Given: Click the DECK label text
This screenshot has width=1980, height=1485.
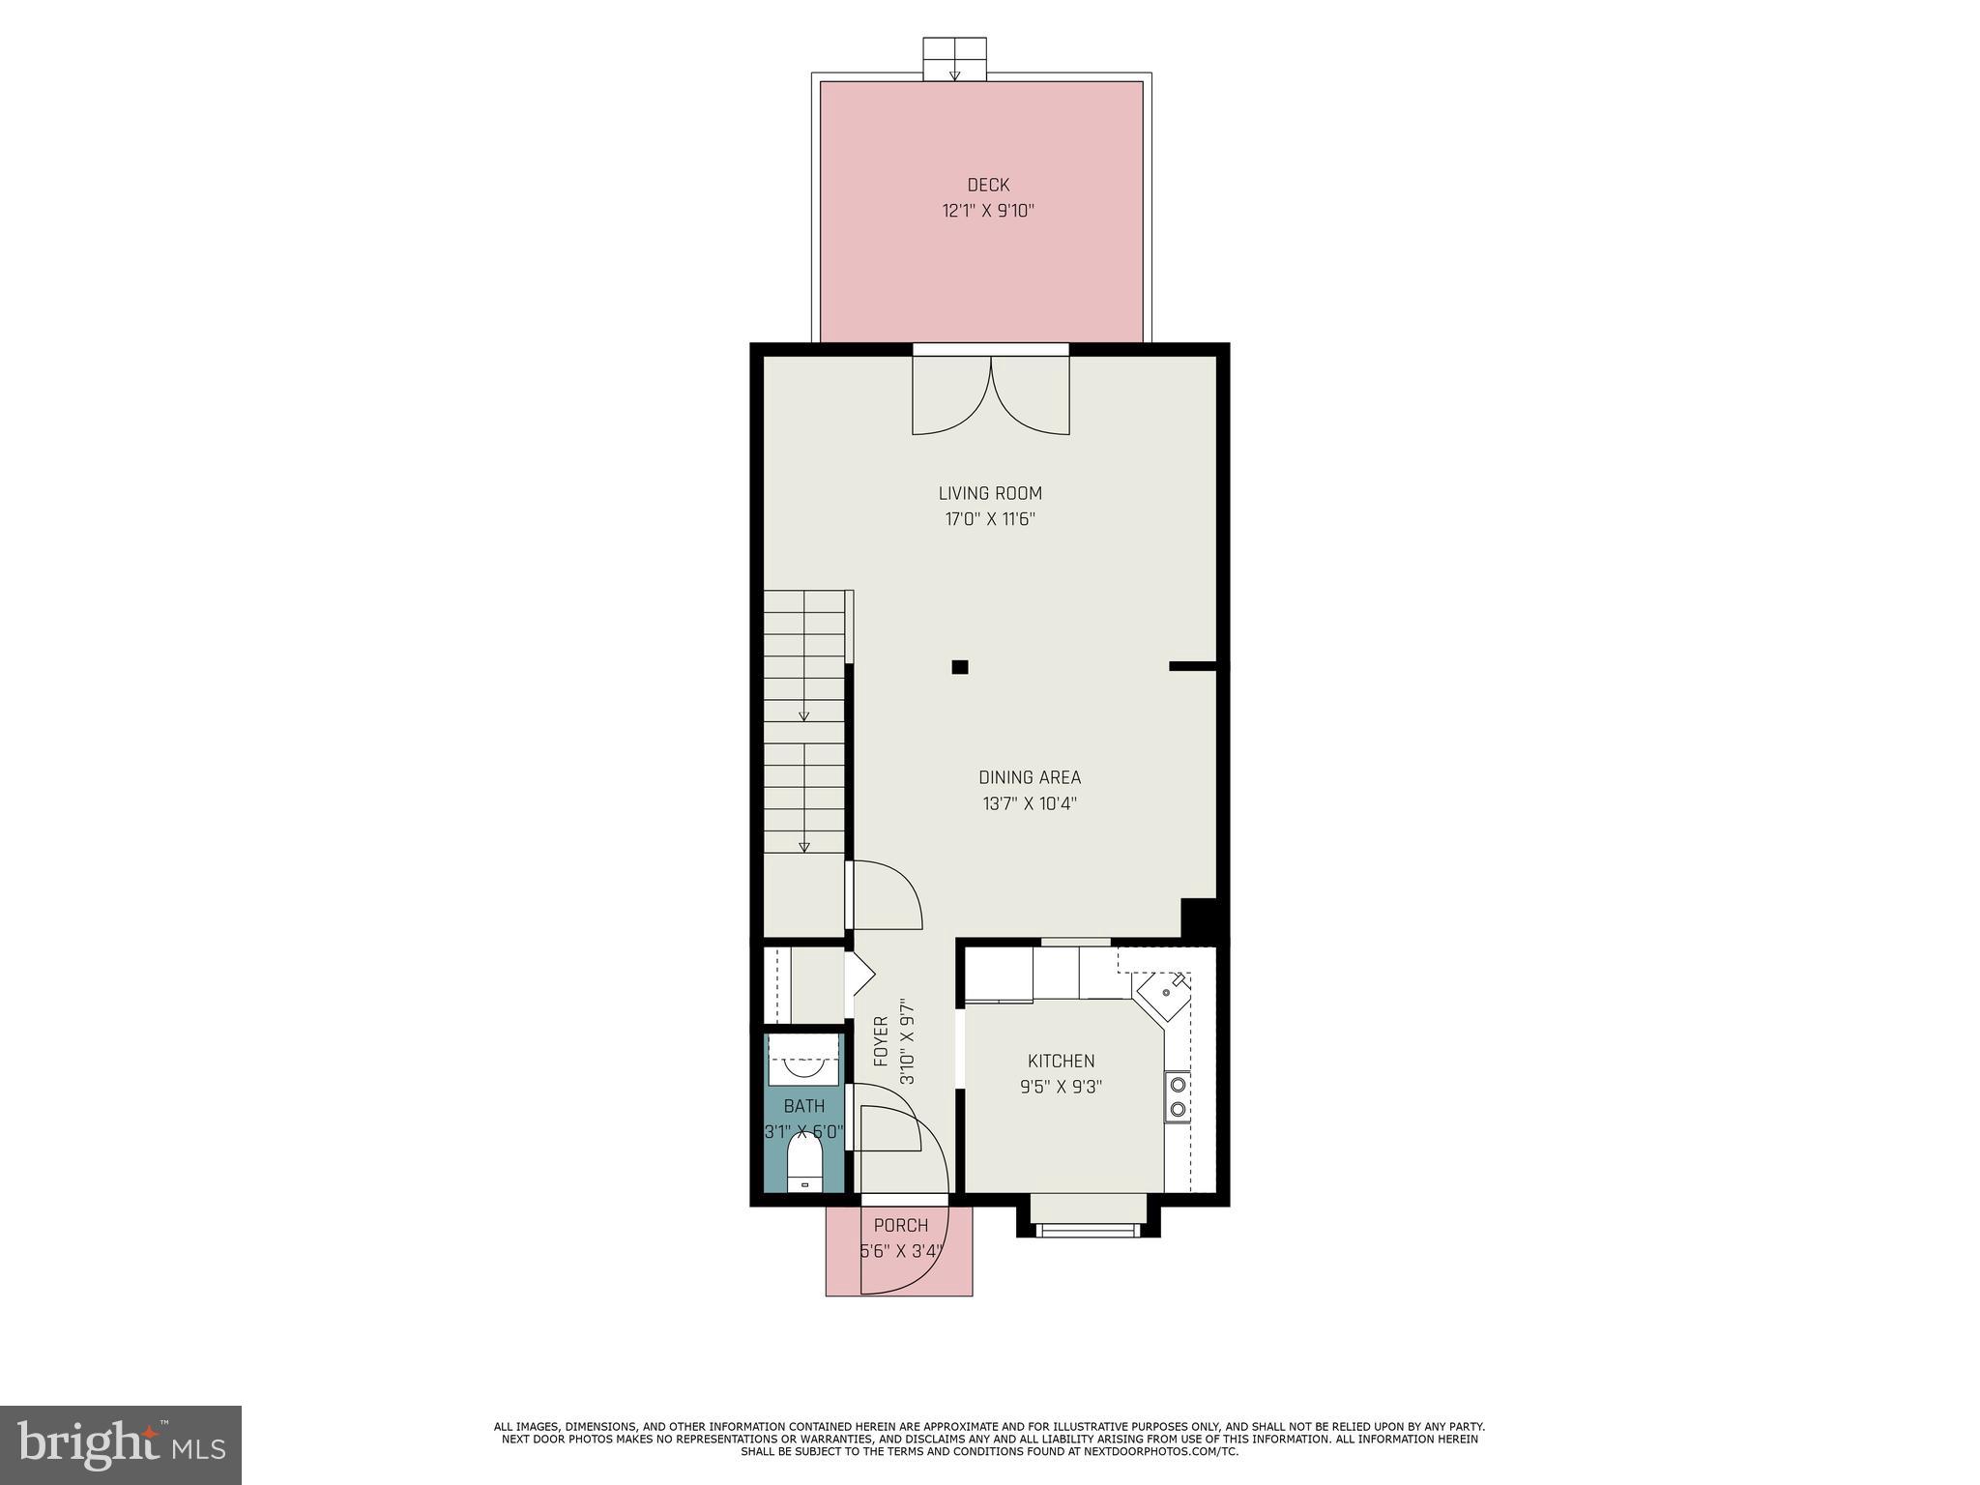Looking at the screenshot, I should click(x=988, y=185).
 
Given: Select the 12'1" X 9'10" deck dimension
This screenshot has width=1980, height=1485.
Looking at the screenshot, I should click(x=988, y=211).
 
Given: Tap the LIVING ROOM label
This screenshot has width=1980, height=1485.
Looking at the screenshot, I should click(x=990, y=493).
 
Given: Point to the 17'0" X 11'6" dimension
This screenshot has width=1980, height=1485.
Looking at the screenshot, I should click(x=990, y=519).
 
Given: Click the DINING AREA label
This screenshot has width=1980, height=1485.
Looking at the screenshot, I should click(x=1030, y=777).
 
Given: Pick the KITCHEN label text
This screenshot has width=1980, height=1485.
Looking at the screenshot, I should click(x=1061, y=1061).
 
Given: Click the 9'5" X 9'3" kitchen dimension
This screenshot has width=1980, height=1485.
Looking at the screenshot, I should click(x=1061, y=1087).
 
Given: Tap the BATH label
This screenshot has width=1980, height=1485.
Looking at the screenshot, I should click(x=804, y=1106).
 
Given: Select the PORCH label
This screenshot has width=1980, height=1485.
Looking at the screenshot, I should click(x=901, y=1226).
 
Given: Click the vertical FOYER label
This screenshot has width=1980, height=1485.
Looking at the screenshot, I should click(x=881, y=1041).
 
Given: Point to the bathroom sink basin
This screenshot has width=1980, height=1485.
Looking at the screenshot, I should click(x=802, y=1067).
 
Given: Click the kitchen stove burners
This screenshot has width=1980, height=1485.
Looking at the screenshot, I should click(x=1177, y=1096).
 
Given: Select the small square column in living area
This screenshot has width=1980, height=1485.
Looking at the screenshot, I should click(x=960, y=667).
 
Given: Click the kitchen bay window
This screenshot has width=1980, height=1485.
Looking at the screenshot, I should click(x=1087, y=1220).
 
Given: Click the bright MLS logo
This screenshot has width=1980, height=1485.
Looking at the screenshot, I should click(x=121, y=1444).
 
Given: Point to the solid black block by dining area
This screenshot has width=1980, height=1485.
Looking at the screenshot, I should click(x=1200, y=917).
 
